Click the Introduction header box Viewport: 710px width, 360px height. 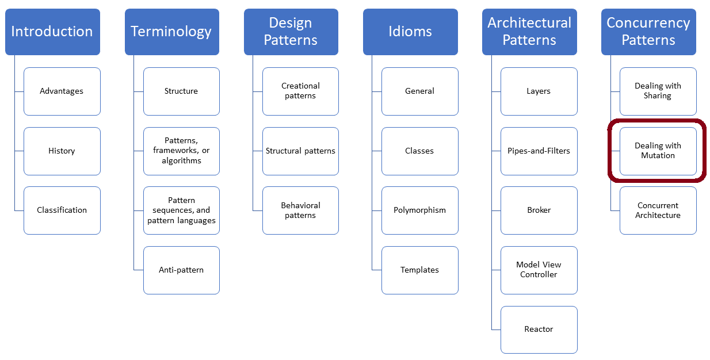(x=52, y=32)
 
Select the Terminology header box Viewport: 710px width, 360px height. (x=171, y=32)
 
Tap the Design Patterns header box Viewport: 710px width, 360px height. (x=291, y=32)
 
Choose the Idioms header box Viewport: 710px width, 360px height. (x=410, y=32)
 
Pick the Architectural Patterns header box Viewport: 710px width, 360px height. (x=529, y=32)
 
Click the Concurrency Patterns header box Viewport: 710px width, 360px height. (x=648, y=32)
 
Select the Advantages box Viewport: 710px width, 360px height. (x=62, y=91)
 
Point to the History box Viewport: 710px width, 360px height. (x=62, y=151)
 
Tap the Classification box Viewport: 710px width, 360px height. (x=62, y=210)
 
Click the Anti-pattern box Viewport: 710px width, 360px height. (x=181, y=270)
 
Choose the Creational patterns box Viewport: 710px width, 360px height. (x=300, y=91)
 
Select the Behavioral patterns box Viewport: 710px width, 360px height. (x=300, y=210)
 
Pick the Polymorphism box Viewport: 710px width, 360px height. (x=419, y=210)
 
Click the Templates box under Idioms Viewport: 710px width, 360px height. (x=419, y=270)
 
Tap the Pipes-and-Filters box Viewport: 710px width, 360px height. (x=539, y=151)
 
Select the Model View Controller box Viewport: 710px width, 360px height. (x=539, y=270)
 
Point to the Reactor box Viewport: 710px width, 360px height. (x=539, y=329)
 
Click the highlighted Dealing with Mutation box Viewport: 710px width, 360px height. (x=658, y=151)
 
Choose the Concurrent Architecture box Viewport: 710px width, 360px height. (x=658, y=210)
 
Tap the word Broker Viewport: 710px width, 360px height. (x=539, y=210)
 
